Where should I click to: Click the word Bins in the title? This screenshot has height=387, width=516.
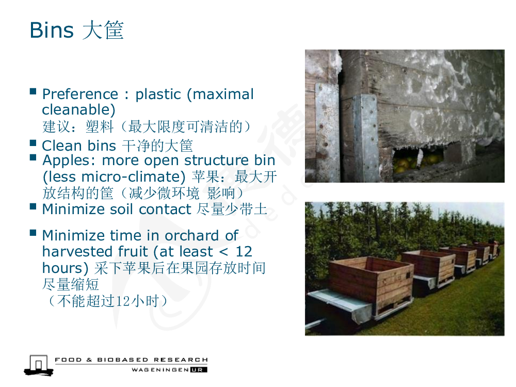click(x=51, y=30)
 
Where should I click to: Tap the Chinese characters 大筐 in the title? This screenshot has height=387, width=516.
click(x=103, y=30)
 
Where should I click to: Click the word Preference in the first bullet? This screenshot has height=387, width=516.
click(x=80, y=94)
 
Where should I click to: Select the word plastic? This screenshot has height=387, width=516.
click(x=158, y=94)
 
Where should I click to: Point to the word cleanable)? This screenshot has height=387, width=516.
click(x=78, y=109)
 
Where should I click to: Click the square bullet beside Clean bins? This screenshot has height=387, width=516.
click(x=33, y=143)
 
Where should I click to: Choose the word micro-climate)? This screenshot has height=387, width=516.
click(x=133, y=176)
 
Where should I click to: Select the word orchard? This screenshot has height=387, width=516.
click(x=191, y=236)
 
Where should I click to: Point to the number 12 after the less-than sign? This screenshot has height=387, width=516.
click(x=244, y=252)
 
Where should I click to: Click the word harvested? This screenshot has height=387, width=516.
click(x=78, y=252)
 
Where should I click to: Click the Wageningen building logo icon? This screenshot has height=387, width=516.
click(x=39, y=365)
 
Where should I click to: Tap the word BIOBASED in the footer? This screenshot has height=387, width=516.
click(x=123, y=360)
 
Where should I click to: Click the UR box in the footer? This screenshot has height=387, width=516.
click(x=199, y=370)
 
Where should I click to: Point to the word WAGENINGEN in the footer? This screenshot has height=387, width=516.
click(x=160, y=370)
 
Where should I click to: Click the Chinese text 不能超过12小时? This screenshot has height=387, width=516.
click(x=108, y=301)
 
